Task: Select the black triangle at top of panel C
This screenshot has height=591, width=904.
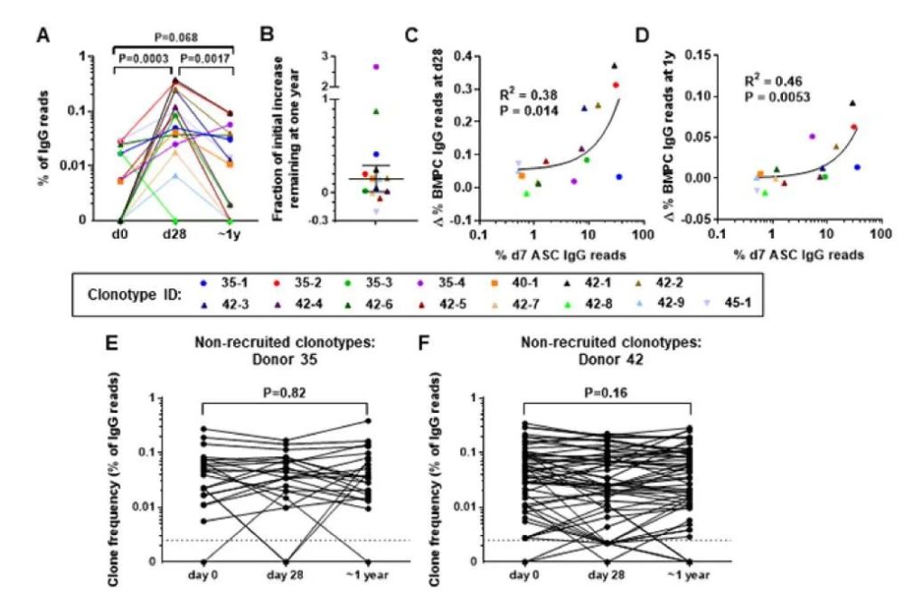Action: tap(614, 65)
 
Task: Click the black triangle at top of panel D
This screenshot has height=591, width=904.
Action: tap(851, 103)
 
